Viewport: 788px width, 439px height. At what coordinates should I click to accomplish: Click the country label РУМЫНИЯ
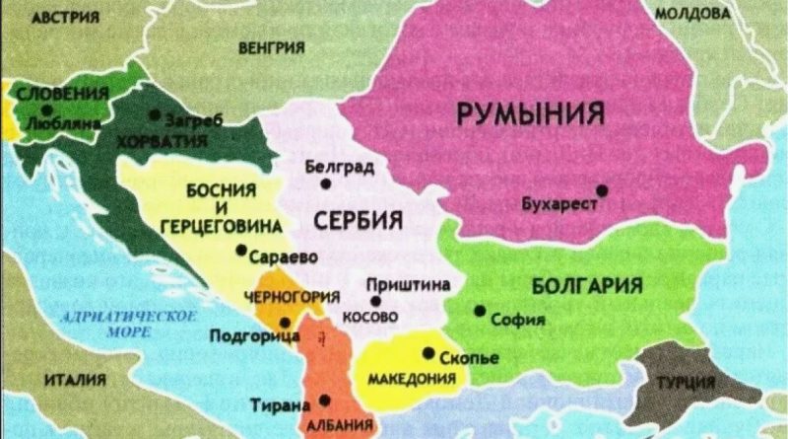click(x=530, y=115)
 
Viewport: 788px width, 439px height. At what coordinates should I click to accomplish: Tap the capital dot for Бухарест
click(x=602, y=189)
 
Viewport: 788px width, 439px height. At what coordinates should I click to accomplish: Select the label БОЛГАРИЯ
click(x=586, y=286)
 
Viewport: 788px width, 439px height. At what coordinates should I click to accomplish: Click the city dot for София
click(x=480, y=311)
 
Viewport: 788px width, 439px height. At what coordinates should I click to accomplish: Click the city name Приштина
click(x=408, y=284)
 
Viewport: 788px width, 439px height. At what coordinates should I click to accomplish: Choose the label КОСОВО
click(x=369, y=318)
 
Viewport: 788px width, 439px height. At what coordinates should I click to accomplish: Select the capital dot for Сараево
click(x=241, y=251)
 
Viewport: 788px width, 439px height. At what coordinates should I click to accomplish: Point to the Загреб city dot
click(x=155, y=115)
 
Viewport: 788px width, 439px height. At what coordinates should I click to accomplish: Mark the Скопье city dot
click(x=428, y=353)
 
